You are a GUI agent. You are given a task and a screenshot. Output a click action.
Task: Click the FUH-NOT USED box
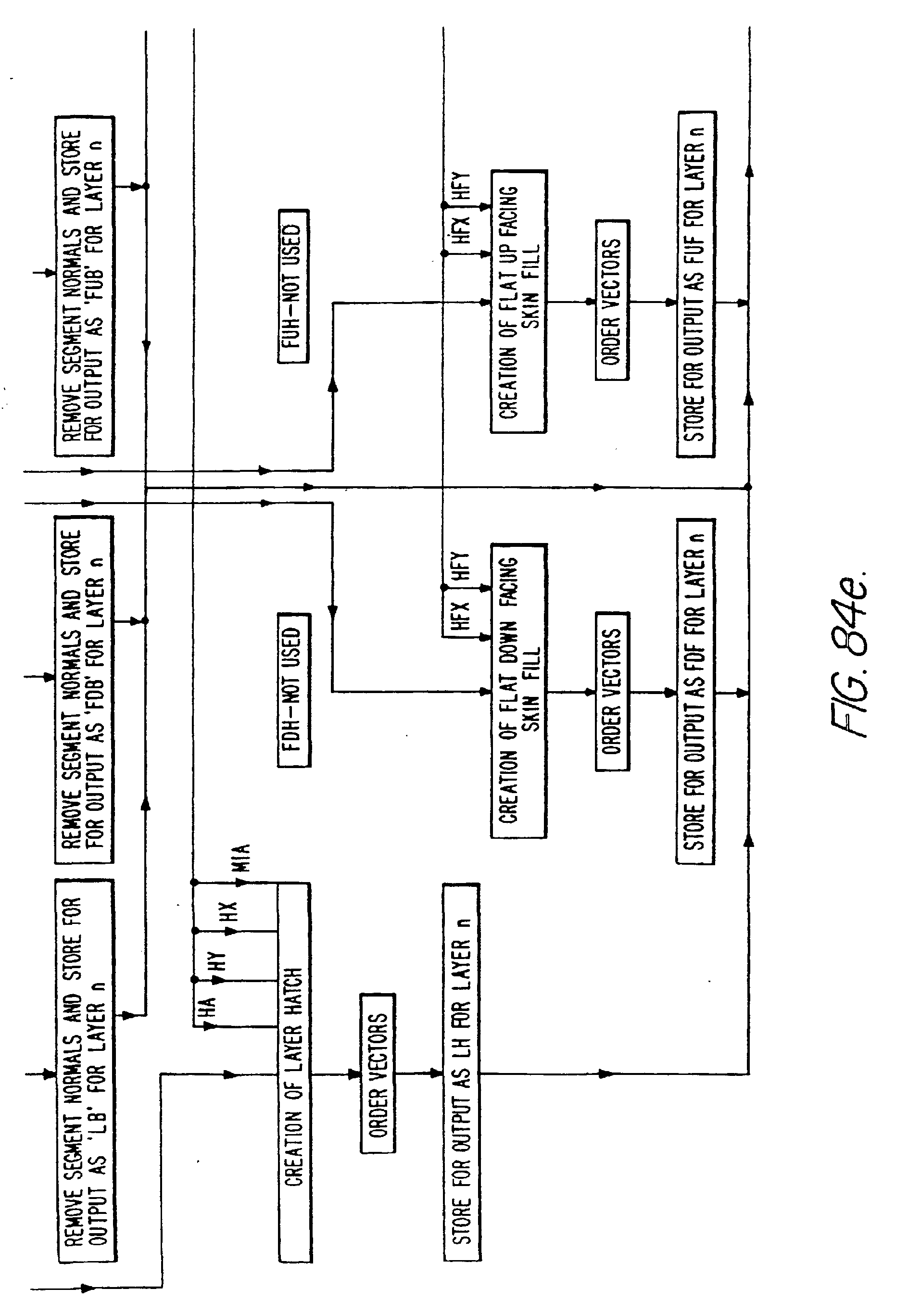pyautogui.click(x=293, y=286)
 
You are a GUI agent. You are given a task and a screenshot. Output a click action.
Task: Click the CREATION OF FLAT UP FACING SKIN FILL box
pyautogui.click(x=518, y=302)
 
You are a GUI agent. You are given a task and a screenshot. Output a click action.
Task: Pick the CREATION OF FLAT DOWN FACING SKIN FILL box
pyautogui.click(x=518, y=691)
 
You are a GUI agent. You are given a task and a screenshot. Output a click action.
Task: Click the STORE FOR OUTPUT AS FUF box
pyautogui.click(x=696, y=284)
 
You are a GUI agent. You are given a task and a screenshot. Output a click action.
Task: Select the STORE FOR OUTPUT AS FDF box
pyautogui.click(x=696, y=692)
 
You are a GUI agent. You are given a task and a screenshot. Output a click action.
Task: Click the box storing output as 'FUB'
pyautogui.click(x=84, y=286)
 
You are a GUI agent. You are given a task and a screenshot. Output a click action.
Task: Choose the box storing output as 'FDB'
pyautogui.click(x=84, y=690)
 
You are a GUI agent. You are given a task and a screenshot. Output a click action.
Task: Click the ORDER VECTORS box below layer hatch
pyautogui.click(x=378, y=1073)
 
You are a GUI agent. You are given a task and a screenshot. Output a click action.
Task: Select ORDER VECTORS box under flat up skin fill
pyautogui.click(x=612, y=300)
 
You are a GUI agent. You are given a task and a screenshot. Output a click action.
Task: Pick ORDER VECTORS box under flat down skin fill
pyautogui.click(x=613, y=692)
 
